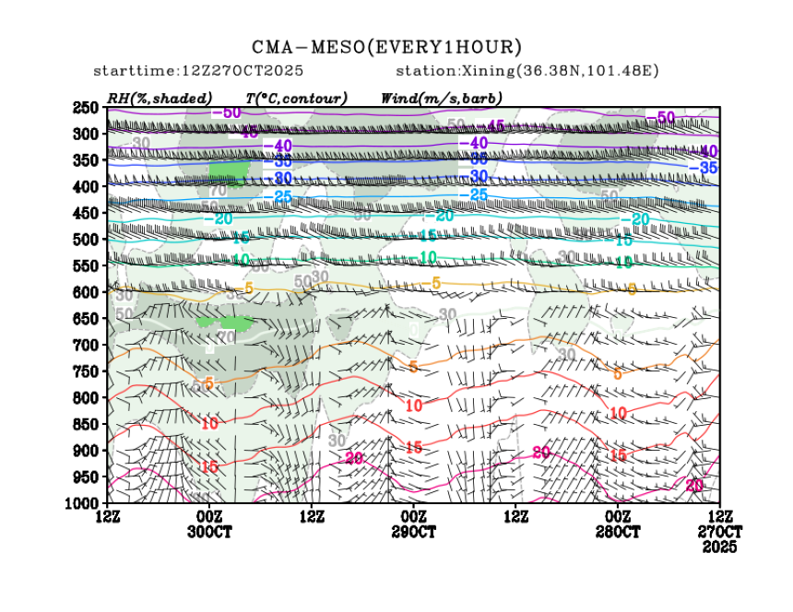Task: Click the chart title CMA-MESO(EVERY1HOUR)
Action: click(387, 47)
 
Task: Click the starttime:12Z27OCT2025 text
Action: click(199, 71)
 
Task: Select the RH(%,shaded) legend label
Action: click(160, 98)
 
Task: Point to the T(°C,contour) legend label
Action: click(296, 98)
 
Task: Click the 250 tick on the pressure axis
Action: click(86, 108)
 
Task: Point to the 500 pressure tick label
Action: click(86, 240)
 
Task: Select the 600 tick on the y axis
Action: click(86, 292)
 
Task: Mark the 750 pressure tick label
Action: click(86, 371)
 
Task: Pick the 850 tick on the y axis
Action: click(86, 424)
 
